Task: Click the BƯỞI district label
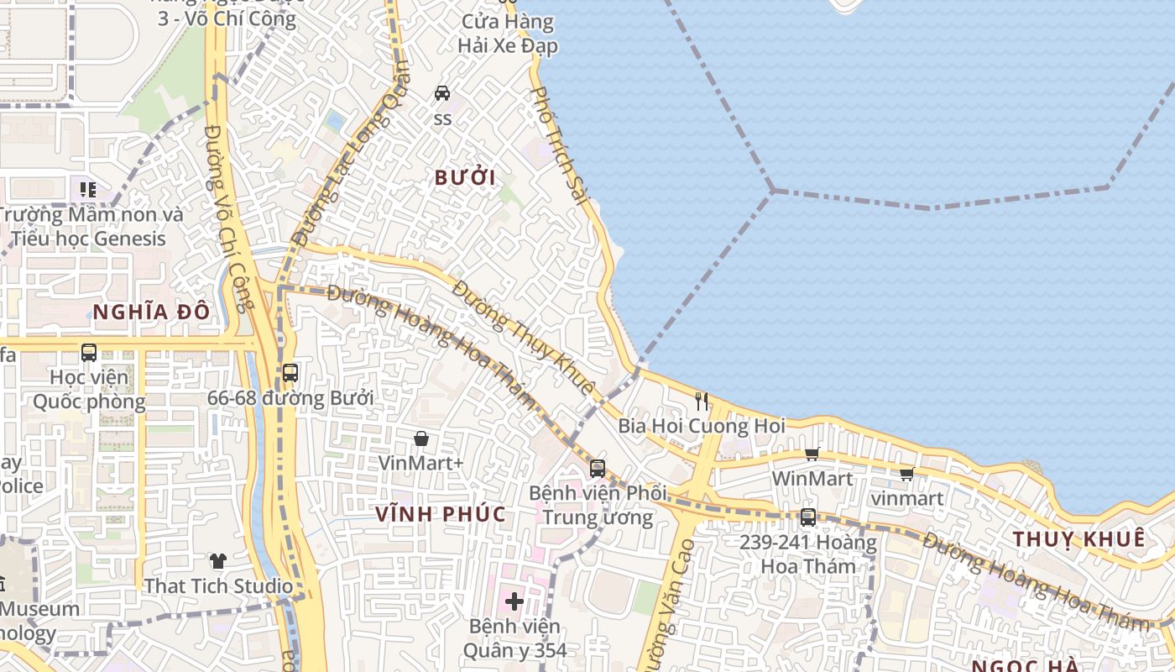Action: click(x=465, y=177)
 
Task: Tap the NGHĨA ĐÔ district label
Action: click(x=151, y=312)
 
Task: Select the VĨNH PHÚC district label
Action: click(x=440, y=514)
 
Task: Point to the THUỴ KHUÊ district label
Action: click(x=1078, y=539)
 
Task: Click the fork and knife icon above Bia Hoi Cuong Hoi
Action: click(x=702, y=402)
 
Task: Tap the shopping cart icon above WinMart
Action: click(x=812, y=454)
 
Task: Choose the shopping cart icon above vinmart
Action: click(x=906, y=475)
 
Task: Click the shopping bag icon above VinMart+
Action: click(x=421, y=438)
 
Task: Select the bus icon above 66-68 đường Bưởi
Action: click(x=290, y=372)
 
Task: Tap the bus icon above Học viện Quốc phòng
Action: click(x=89, y=353)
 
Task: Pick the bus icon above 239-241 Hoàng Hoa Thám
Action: click(x=808, y=517)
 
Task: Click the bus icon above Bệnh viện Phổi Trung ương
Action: click(x=598, y=468)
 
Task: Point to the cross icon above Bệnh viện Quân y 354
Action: click(x=514, y=601)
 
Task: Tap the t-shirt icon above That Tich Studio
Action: click(x=218, y=561)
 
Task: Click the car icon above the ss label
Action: click(x=442, y=92)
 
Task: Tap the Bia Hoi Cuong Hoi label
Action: click(x=702, y=426)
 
